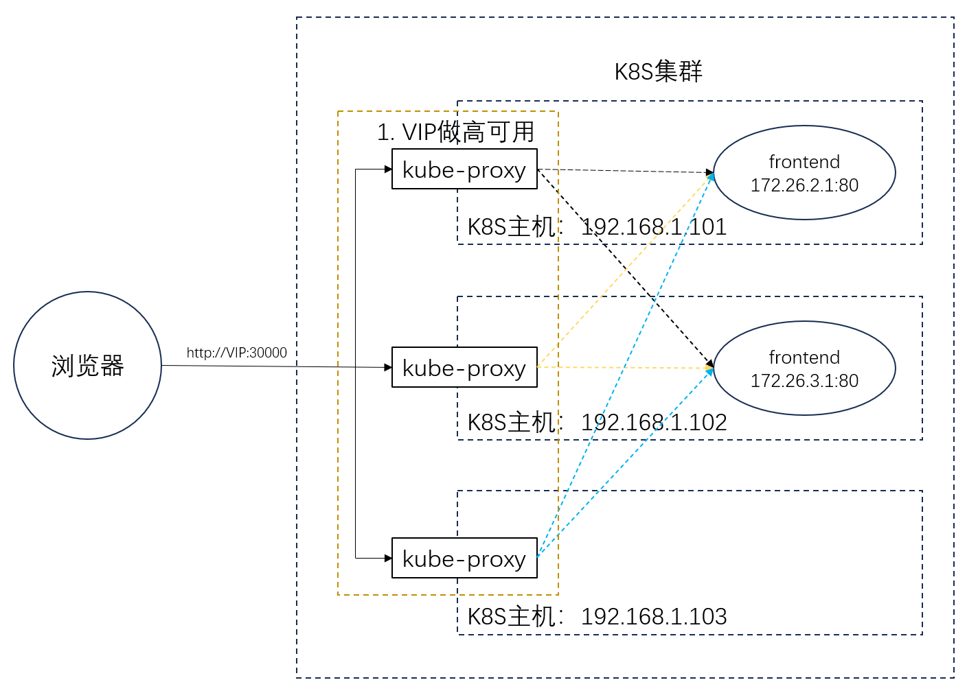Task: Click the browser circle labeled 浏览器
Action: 87,365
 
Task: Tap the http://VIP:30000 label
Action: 236,353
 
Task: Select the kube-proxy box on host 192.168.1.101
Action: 464,169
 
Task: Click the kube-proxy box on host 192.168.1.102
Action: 464,367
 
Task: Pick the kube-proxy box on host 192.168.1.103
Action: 464,558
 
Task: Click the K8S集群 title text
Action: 658,71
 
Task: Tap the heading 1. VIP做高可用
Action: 455,132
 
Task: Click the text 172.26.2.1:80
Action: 804,185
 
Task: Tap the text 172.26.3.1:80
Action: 804,381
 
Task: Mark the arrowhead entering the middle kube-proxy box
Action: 388,368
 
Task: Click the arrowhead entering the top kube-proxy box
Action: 388,169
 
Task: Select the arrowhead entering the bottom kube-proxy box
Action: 388,559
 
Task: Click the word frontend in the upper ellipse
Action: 804,162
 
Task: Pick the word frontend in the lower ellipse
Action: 804,358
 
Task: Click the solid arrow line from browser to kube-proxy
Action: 275,366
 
